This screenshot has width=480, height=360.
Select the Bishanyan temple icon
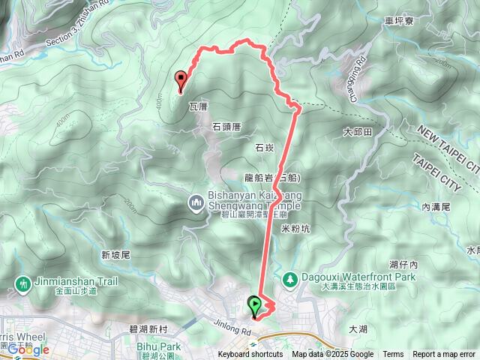[x=196, y=202]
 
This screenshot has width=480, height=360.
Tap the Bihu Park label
[x=159, y=346]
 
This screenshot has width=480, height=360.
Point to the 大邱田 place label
[x=357, y=132]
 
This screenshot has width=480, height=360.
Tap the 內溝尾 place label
[x=435, y=206]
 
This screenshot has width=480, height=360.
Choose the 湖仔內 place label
[x=404, y=264]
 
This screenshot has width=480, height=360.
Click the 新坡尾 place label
[x=115, y=255]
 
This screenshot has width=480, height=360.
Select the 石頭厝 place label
[x=225, y=127]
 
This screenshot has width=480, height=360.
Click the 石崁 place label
[x=265, y=148]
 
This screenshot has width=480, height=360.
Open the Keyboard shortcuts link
[x=250, y=355]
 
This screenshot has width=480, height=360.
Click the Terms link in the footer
[x=393, y=355]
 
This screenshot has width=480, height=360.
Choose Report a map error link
[x=444, y=355]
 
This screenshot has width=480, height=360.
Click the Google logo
[x=28, y=349]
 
